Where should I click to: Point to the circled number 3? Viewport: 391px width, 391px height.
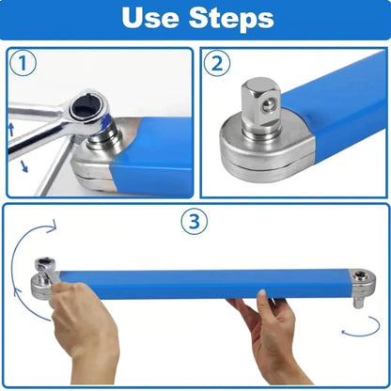point(193,223)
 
